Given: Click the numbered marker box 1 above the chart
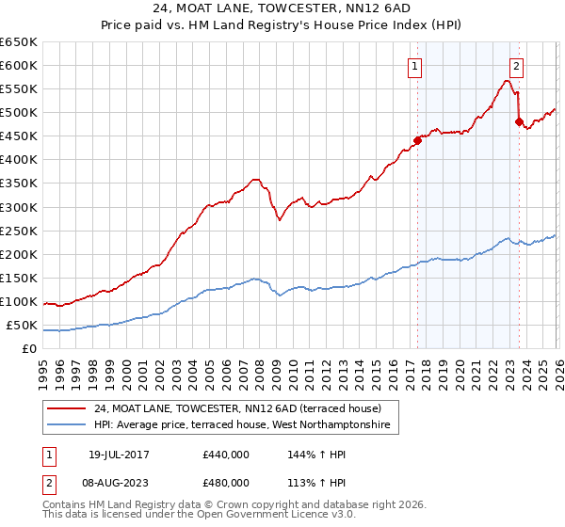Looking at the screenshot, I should click(415, 66).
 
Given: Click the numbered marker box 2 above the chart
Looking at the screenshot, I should click(517, 66).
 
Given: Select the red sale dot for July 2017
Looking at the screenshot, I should click(417, 140).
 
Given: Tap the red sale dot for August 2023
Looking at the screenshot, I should click(518, 121).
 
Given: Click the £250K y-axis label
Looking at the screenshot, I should click(19, 231).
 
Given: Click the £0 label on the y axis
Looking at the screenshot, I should click(29, 349).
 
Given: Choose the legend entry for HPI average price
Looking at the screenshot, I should click(247, 426).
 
